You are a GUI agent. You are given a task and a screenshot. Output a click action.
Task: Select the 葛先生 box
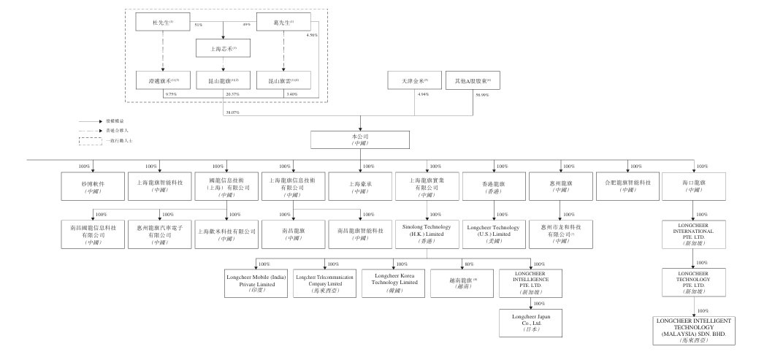pyautogui.click(x=282, y=23)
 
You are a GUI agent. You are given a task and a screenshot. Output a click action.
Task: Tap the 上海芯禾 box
pyautogui.click(x=222, y=50)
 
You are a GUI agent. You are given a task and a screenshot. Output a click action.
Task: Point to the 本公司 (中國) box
pyautogui.click(x=360, y=139)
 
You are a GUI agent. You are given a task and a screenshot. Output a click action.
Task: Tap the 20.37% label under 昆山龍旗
pyautogui.click(x=233, y=94)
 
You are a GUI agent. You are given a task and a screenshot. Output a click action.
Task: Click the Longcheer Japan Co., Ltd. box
pyautogui.click(x=528, y=323)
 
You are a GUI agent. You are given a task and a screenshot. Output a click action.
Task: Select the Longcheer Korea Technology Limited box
pyautogui.click(x=396, y=283)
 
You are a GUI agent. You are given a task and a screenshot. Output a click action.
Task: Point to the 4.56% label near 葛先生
pyautogui.click(x=312, y=36)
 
